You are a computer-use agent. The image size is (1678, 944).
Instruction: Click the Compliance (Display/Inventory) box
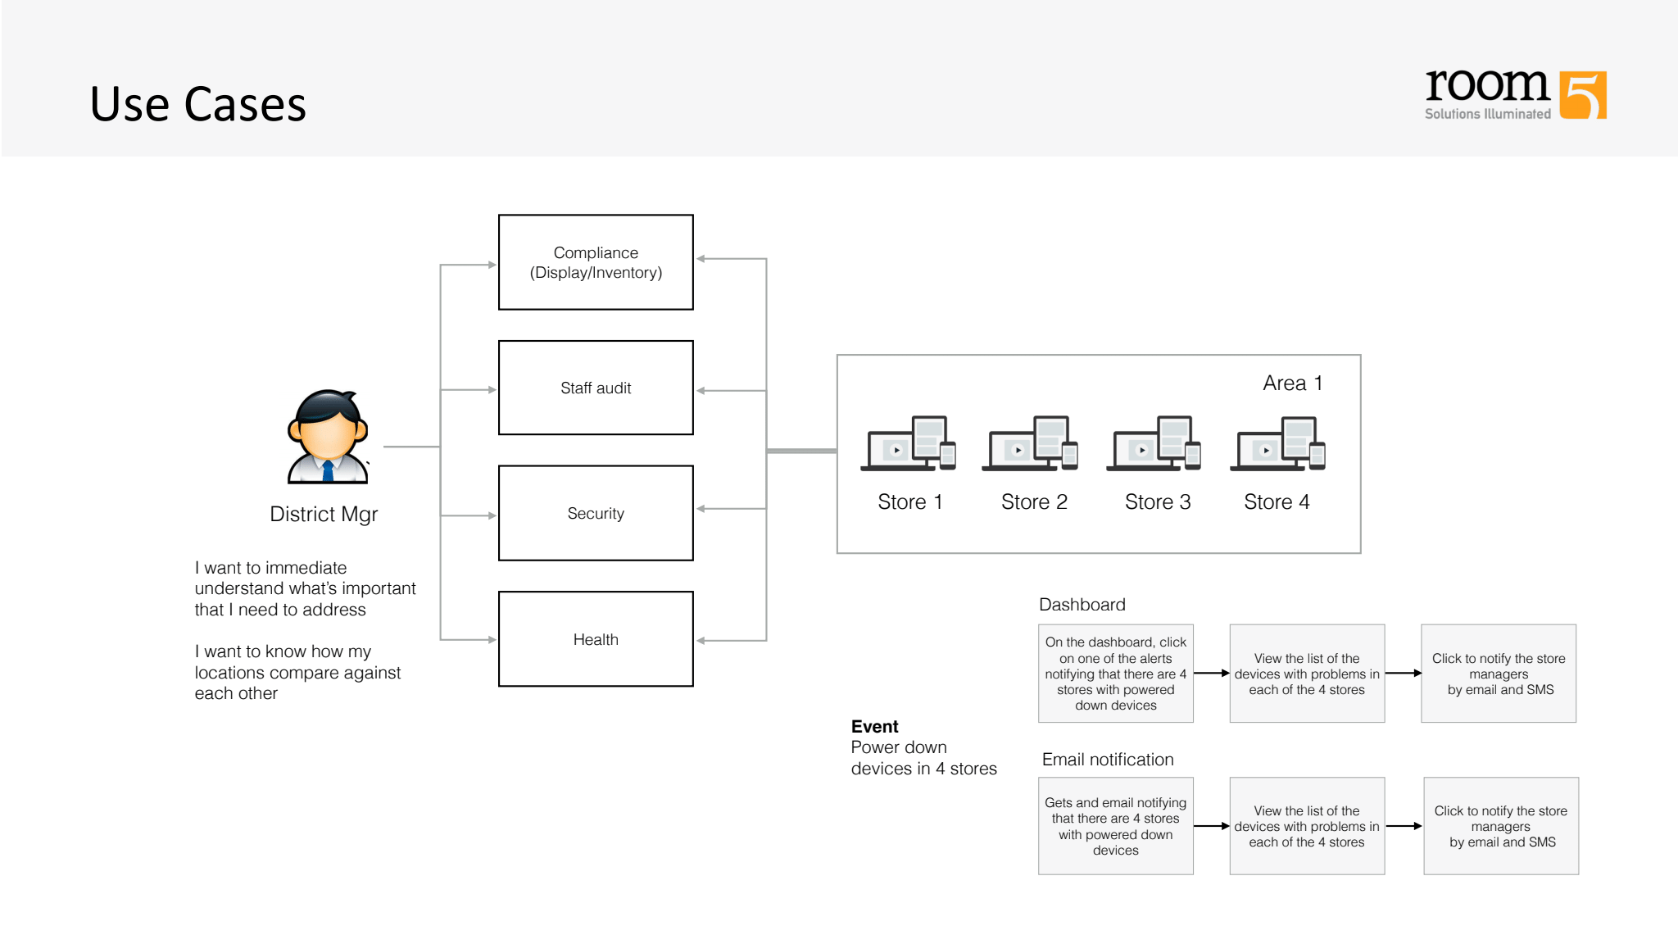coord(596,262)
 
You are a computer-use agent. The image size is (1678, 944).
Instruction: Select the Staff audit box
coord(596,388)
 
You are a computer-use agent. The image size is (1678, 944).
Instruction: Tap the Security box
coord(596,513)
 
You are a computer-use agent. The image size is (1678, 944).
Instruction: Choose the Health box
coord(596,639)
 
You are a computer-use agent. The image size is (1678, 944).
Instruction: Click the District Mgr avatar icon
coord(328,437)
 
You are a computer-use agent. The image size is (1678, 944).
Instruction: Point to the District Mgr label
coord(324,514)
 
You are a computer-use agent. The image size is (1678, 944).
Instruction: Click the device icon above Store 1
coord(909,443)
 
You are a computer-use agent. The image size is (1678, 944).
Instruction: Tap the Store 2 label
coord(1034,501)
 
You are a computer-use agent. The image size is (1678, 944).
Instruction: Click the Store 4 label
coord(1277,501)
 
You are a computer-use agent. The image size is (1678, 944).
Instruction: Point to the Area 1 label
coord(1292,383)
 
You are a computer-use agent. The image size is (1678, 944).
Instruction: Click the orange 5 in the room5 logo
coord(1583,95)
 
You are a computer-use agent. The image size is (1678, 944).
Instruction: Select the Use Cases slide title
coord(198,104)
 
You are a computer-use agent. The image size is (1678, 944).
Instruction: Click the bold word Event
coord(874,726)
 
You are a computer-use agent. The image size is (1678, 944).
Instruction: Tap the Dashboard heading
coord(1082,605)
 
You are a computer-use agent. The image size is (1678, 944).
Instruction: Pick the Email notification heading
coord(1108,760)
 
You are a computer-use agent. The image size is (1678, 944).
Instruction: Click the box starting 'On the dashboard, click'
coord(1115,674)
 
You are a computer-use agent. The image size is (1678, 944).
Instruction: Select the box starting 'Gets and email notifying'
coord(1115,826)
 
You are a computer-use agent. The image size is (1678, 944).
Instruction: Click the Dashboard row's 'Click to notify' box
coord(1499,674)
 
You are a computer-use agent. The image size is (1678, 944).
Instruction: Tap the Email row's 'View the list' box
coord(1307,826)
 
